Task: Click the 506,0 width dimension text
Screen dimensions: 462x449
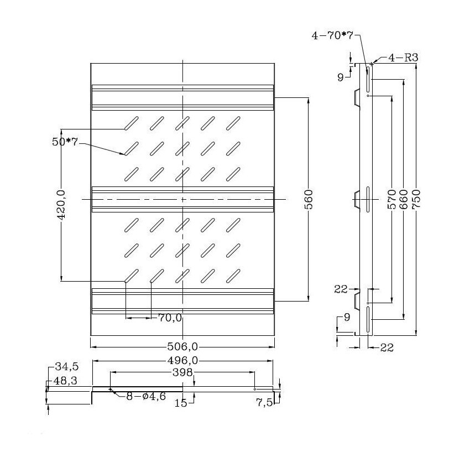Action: (182, 347)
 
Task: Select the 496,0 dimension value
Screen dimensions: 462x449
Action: (182, 360)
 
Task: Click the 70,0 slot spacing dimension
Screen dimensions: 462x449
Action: (170, 318)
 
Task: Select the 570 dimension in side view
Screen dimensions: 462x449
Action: (392, 199)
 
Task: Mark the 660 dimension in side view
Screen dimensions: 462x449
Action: (404, 199)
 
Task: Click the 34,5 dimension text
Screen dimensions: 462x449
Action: (65, 367)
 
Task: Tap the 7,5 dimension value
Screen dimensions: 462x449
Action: (265, 403)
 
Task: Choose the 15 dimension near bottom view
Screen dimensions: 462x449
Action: (181, 403)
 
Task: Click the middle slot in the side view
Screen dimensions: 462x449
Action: (368, 199)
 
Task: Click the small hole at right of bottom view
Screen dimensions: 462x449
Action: (254, 388)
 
